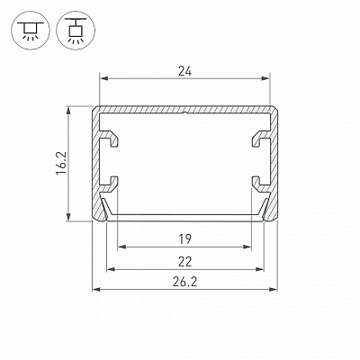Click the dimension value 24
click(184, 71)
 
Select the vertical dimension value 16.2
click(60, 163)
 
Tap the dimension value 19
click(184, 239)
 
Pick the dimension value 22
click(184, 262)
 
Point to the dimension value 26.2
click(184, 282)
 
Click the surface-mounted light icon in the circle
click(31, 31)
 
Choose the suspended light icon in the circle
click(76, 31)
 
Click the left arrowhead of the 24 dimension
click(103, 78)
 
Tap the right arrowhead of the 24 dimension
click(265, 78)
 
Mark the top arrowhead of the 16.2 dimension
click(69, 111)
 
